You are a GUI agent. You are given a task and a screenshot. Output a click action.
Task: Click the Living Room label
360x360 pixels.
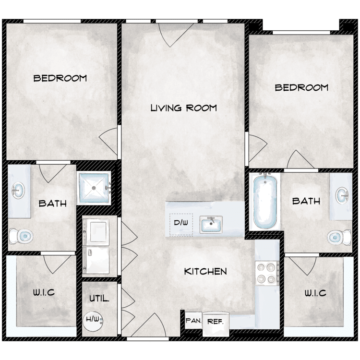tap(184, 108)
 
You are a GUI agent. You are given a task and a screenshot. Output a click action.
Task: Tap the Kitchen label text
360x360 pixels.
tap(205, 272)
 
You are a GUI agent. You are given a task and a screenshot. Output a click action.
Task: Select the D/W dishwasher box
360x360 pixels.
tap(181, 224)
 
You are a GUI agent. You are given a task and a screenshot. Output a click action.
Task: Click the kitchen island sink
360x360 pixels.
tap(211, 225)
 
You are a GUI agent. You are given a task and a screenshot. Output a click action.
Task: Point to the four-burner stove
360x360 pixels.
tap(267, 273)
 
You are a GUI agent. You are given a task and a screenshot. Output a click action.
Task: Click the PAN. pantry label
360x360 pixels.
tap(193, 321)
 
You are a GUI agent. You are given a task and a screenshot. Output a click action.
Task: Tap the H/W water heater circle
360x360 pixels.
tap(93, 320)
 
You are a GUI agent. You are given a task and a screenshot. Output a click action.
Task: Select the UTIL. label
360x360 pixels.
tap(99, 299)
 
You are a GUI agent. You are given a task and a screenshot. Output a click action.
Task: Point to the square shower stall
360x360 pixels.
tap(94, 188)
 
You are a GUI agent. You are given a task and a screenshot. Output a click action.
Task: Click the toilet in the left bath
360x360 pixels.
tap(21, 236)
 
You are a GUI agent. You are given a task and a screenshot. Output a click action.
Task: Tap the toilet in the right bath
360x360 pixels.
tap(339, 237)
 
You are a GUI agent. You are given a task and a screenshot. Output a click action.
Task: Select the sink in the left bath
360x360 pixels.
tap(18, 191)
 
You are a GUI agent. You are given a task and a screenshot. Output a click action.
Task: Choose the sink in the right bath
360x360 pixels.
tap(342, 195)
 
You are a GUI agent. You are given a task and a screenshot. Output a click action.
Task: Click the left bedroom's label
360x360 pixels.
tap(60, 78)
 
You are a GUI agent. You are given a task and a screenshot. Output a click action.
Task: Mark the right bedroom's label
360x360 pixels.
tap(301, 87)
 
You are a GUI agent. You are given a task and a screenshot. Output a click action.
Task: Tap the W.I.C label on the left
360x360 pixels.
tap(44, 292)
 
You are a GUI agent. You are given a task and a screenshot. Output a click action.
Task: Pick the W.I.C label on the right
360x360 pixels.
tap(315, 293)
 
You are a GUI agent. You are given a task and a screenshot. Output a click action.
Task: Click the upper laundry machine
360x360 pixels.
tap(96, 231)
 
